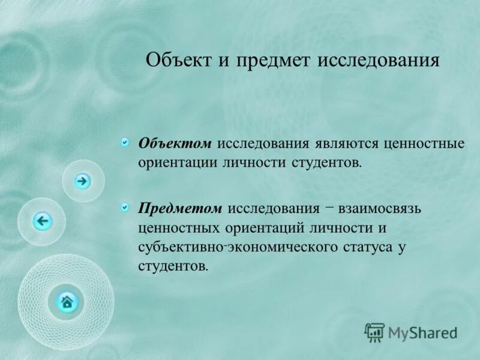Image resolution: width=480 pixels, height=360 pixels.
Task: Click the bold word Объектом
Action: click(175, 144)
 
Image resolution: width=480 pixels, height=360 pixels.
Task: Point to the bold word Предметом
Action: click(181, 209)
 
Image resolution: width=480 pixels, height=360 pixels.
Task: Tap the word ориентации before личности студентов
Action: click(178, 163)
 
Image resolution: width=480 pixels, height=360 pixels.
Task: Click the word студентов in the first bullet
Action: click(326, 163)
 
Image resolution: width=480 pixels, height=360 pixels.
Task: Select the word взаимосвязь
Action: click(380, 209)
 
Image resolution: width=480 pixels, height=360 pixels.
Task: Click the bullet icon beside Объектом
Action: click(125, 142)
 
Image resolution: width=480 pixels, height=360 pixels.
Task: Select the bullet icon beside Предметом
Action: click(125, 207)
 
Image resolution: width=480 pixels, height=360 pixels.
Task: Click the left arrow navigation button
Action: click(42, 221)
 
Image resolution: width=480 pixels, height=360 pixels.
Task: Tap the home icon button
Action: click(67, 301)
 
